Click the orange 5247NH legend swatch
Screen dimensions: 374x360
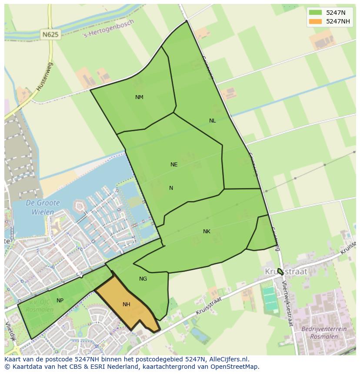coord(316,21)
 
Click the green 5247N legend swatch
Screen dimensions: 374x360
coord(316,13)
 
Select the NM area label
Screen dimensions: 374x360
coord(139,97)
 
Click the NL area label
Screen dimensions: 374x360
coord(212,121)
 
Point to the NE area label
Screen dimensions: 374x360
coord(174,165)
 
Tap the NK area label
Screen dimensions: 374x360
coord(207,232)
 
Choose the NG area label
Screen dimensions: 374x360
coord(143,279)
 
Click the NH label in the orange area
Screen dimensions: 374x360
coord(127,304)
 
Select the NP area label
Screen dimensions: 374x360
coord(60,301)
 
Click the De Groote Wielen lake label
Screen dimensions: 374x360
coord(42,208)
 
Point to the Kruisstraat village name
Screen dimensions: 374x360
coord(286,271)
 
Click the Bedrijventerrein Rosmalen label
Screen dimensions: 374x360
coord(324,333)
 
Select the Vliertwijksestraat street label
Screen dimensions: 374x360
coord(287,303)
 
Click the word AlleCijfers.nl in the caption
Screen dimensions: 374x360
coord(229,359)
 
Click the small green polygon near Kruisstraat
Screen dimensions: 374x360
coord(280,271)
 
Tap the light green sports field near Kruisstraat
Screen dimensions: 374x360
coord(270,299)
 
